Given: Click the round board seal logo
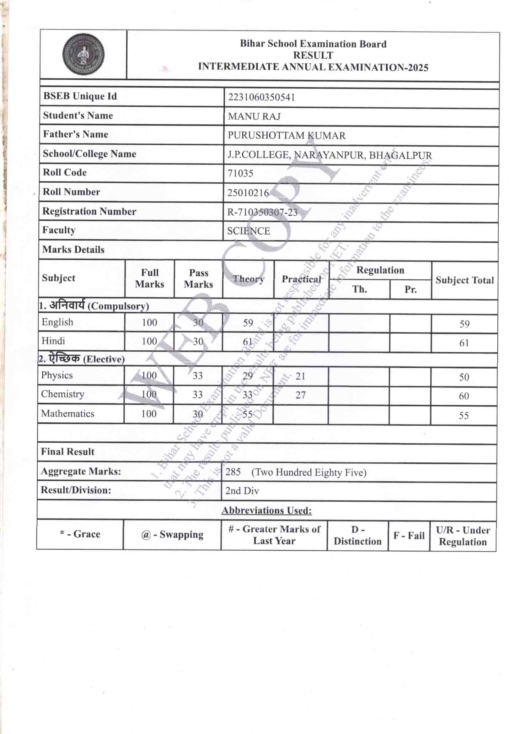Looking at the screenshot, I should tap(83, 55).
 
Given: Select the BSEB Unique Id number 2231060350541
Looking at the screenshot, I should tap(261, 97).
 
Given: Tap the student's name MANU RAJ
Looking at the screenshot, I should tap(254, 116).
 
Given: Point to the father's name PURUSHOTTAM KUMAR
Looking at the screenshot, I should tap(286, 136).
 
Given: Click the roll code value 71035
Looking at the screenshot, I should tap(240, 173).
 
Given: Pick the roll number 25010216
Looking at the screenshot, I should tap(248, 193).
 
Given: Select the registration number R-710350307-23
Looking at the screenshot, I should tap(262, 212).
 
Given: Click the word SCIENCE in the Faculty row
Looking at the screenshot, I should tap(248, 231).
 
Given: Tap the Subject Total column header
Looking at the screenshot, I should tap(464, 280).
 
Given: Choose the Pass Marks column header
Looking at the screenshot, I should tap(198, 278).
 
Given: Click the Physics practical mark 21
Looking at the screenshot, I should tap(300, 376).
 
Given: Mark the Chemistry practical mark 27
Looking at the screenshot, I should tap(300, 395).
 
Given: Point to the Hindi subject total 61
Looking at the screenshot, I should tap(464, 343).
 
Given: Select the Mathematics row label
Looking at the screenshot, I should tap(67, 413).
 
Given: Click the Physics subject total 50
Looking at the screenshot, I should tap(464, 377).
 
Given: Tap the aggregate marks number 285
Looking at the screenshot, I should tap(233, 472).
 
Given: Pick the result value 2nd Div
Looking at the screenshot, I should tap(242, 491).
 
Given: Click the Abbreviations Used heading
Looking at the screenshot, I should tap(266, 510).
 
